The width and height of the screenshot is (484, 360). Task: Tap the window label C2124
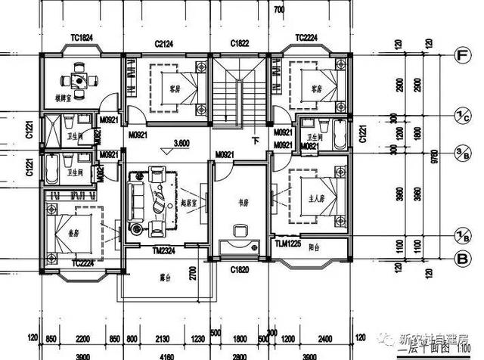point(164,45)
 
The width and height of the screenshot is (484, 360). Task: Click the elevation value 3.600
point(181,142)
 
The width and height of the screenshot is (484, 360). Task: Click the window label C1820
point(240,268)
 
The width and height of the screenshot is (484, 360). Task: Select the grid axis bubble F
point(459,55)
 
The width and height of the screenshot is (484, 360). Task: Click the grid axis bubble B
point(459,259)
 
